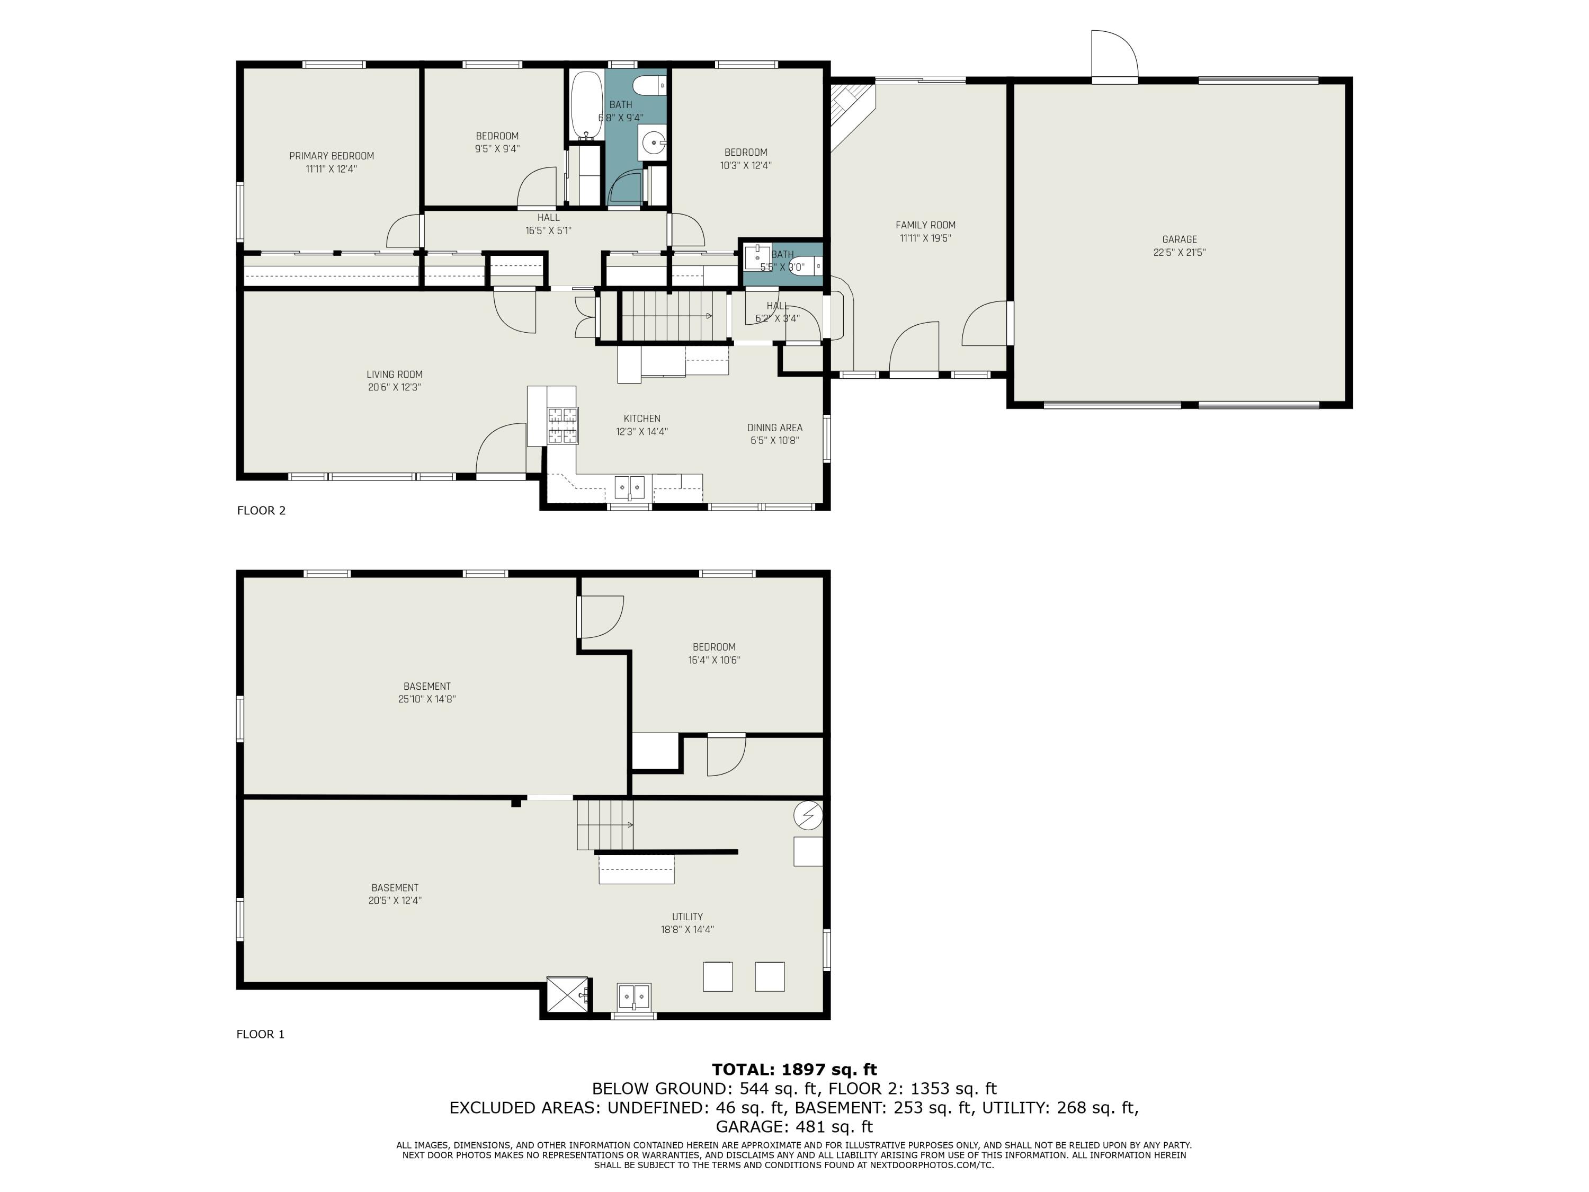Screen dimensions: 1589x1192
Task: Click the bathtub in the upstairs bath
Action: click(x=587, y=105)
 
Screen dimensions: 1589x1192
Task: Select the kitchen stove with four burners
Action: click(x=563, y=425)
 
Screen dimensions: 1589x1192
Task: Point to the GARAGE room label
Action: click(x=1180, y=239)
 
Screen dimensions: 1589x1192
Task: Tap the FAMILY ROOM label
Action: click(x=925, y=225)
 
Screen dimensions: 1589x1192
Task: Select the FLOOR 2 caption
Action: click(x=262, y=510)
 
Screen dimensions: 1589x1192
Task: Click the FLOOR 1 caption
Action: click(x=261, y=1034)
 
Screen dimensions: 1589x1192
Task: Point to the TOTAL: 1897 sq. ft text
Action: click(x=794, y=1070)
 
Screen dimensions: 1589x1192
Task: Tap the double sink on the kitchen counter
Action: click(x=630, y=487)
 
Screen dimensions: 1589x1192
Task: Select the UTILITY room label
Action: click(x=688, y=917)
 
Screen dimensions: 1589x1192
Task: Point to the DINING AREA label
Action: click(x=774, y=428)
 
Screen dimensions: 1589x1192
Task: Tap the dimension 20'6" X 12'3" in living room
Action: click(x=395, y=387)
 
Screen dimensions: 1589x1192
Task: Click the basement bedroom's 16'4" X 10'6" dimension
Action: click(x=714, y=660)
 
